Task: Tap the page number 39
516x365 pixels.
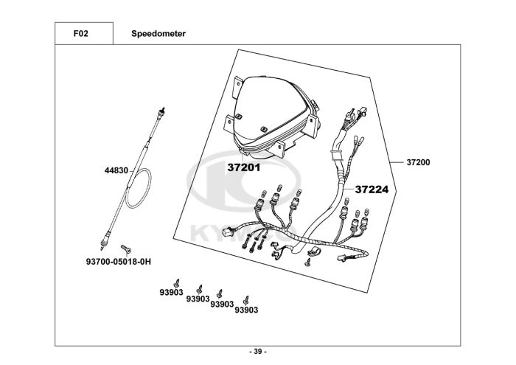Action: (x=257, y=351)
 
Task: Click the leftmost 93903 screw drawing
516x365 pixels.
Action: (x=177, y=282)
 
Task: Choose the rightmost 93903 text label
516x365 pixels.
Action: (x=246, y=310)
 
